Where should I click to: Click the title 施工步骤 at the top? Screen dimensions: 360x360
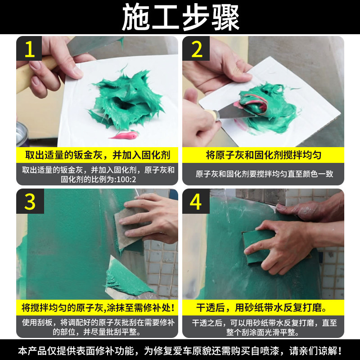180,18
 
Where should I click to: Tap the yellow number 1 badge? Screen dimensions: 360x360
29,49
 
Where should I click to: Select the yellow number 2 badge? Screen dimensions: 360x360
196,49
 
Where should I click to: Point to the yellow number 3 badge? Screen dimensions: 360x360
30,201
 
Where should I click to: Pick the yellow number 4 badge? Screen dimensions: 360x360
196,201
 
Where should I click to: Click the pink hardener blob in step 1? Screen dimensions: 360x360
125,135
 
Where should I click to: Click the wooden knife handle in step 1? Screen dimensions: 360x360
35,72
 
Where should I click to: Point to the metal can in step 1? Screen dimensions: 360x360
22,134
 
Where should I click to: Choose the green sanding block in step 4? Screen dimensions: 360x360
261,247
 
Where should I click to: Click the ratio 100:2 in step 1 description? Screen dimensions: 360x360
126,180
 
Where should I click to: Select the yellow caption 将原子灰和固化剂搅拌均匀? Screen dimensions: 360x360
263,155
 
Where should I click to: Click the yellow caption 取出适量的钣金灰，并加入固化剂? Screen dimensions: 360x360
98,155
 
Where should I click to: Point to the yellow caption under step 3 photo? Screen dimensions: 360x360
98,308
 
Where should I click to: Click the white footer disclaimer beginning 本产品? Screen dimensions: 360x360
180,351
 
